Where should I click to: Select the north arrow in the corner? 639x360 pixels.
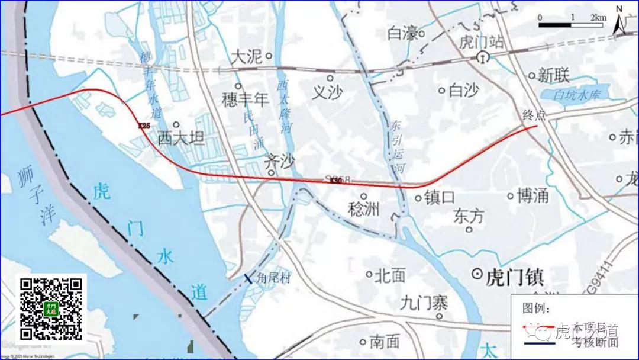click(619, 20)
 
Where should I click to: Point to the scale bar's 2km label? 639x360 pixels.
click(598, 18)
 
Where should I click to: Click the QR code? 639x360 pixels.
click(51, 308)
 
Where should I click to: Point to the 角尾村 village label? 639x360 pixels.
click(273, 278)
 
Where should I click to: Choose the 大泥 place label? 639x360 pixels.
click(246, 57)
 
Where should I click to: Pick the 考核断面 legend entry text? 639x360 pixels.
click(595, 342)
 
